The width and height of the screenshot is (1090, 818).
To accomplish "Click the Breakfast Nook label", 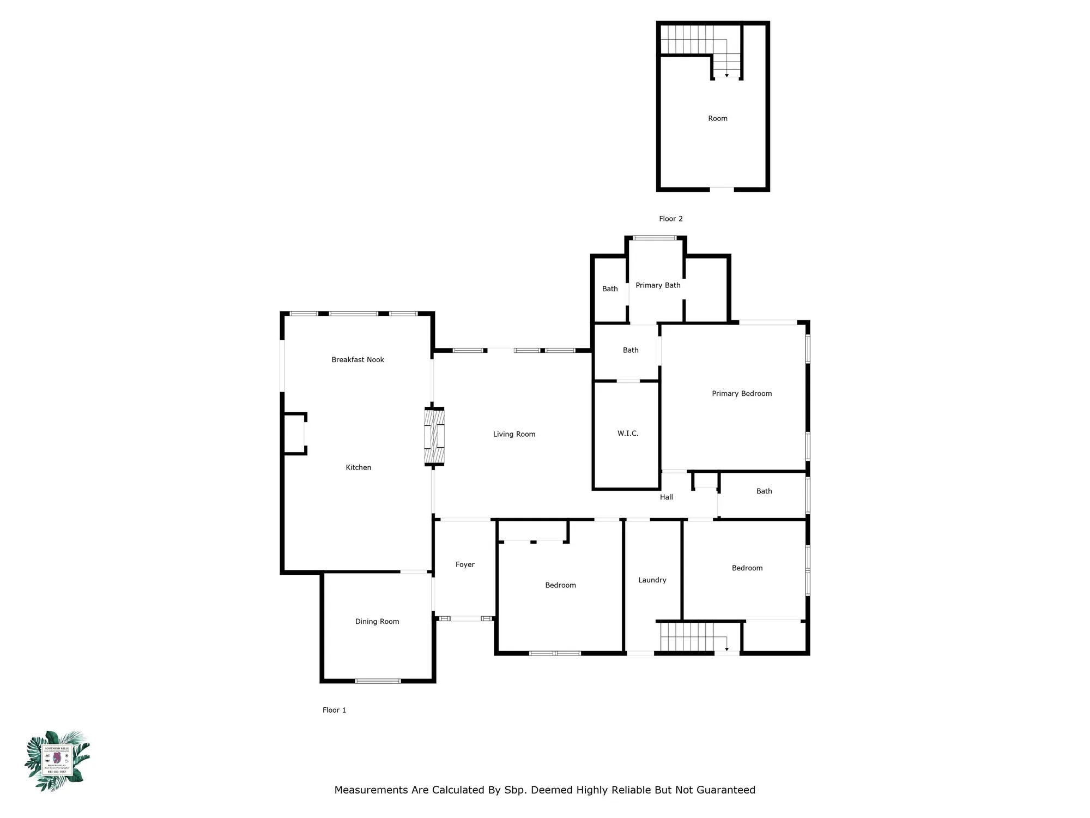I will point(358,359).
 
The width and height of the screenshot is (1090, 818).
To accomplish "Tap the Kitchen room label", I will point(358,467).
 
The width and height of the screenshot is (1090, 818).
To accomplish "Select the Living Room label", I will point(514,434).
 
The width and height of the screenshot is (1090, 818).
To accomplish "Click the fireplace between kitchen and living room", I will point(434,436).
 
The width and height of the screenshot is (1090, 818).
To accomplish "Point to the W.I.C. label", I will point(627,433).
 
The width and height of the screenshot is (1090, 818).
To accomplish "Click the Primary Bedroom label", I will point(741,393).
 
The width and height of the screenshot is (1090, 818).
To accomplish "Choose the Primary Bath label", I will point(658,285).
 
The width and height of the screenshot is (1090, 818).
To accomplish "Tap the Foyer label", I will point(465,564).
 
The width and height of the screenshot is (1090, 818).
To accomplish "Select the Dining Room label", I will point(377,621).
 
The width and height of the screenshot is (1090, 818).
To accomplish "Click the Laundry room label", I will point(652,580).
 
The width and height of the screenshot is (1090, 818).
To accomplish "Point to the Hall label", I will point(666,497).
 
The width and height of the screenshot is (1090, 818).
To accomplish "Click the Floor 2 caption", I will point(670,219).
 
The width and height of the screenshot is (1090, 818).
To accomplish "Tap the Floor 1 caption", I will point(334,710).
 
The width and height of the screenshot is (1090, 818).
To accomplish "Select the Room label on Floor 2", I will point(717,118).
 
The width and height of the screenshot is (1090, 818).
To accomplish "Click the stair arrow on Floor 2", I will point(726,75).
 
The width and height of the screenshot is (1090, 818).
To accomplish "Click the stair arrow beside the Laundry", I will point(726,649).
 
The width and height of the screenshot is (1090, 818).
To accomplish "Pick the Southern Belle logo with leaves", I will point(57,761).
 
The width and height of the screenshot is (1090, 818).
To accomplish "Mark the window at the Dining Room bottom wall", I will point(378,681).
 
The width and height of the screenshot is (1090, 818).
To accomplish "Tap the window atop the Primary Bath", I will point(655,238).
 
